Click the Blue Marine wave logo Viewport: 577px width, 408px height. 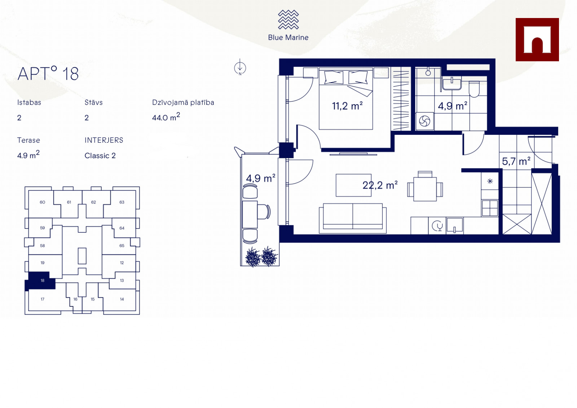click(x=288, y=19)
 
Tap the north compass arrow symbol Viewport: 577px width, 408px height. click(x=240, y=67)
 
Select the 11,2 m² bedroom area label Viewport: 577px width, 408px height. click(x=347, y=106)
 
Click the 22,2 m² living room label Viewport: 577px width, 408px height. click(x=380, y=185)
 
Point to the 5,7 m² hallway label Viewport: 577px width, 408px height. click(x=516, y=161)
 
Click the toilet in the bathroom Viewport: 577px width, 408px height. click(x=474, y=89)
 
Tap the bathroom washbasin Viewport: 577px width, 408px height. click(x=452, y=84)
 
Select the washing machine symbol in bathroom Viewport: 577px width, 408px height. click(x=424, y=121)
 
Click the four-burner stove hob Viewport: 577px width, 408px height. click(x=490, y=208)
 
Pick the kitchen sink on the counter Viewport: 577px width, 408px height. click(x=455, y=226)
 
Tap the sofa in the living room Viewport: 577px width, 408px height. click(x=353, y=218)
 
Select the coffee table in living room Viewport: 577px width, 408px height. click(x=353, y=185)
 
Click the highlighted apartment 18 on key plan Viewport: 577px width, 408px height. click(x=41, y=280)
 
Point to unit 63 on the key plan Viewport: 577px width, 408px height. click(x=122, y=202)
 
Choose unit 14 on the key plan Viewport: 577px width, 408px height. click(x=122, y=299)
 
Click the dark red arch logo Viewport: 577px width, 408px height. click(x=537, y=40)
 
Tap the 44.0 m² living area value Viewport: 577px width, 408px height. click(x=166, y=117)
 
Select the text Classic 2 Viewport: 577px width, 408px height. click(x=100, y=156)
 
